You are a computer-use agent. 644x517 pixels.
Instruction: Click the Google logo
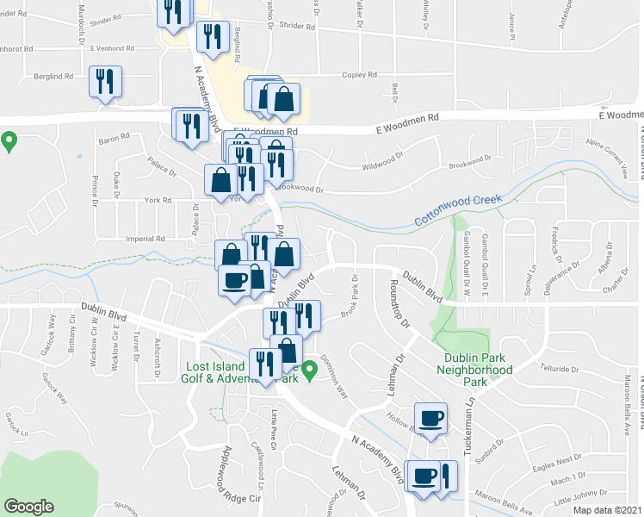28,507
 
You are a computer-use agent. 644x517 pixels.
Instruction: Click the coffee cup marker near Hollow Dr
431,419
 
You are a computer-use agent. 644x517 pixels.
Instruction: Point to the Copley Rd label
361,75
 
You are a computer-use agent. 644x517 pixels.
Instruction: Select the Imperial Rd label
145,239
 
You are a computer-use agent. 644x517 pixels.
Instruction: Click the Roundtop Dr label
399,302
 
